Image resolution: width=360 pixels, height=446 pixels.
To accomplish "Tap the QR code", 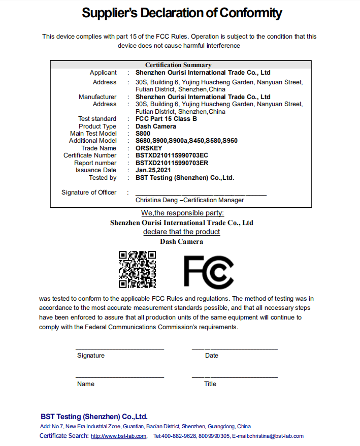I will pos(137,270).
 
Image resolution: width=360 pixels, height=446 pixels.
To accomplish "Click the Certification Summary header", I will pos(178,65).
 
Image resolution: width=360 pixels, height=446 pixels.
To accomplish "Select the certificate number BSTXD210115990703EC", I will pos(172,155).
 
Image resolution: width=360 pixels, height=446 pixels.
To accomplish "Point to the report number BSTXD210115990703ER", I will pos(172,163).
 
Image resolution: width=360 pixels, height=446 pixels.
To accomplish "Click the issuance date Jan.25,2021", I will pos(153,170).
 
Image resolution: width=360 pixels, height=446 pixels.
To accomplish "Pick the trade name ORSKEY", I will pos(149,148).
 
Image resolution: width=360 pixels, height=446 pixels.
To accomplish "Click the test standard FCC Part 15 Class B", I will pos(166,119).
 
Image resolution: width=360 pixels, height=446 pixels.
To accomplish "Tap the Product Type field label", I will pos(97,126).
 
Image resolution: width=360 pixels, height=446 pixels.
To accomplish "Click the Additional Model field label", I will pos(92,141).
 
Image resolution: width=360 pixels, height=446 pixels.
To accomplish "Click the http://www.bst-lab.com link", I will pos(119,436).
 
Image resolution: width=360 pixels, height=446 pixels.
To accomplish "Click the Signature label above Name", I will pos(91,356).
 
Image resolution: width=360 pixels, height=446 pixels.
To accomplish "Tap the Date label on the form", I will pos(212,356).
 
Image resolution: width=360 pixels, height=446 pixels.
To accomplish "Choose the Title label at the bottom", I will pos(210,384).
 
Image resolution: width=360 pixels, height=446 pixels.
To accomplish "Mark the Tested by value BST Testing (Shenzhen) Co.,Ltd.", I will pos(185,178).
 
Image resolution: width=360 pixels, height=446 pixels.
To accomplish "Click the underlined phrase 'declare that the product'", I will pos(181,232).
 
